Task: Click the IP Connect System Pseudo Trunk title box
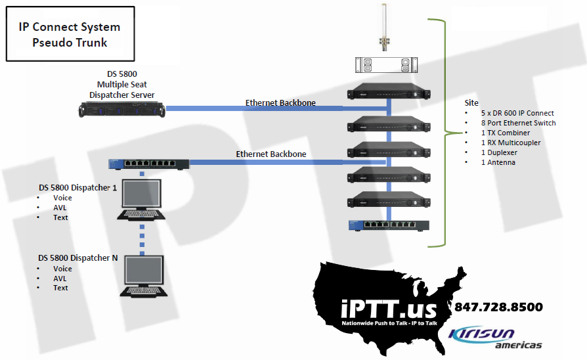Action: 70,35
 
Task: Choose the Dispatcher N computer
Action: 141,277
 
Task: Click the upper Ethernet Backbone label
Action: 280,103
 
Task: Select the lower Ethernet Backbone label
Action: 271,154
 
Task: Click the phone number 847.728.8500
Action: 498,307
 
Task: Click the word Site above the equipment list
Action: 471,103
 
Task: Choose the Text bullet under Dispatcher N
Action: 60,288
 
